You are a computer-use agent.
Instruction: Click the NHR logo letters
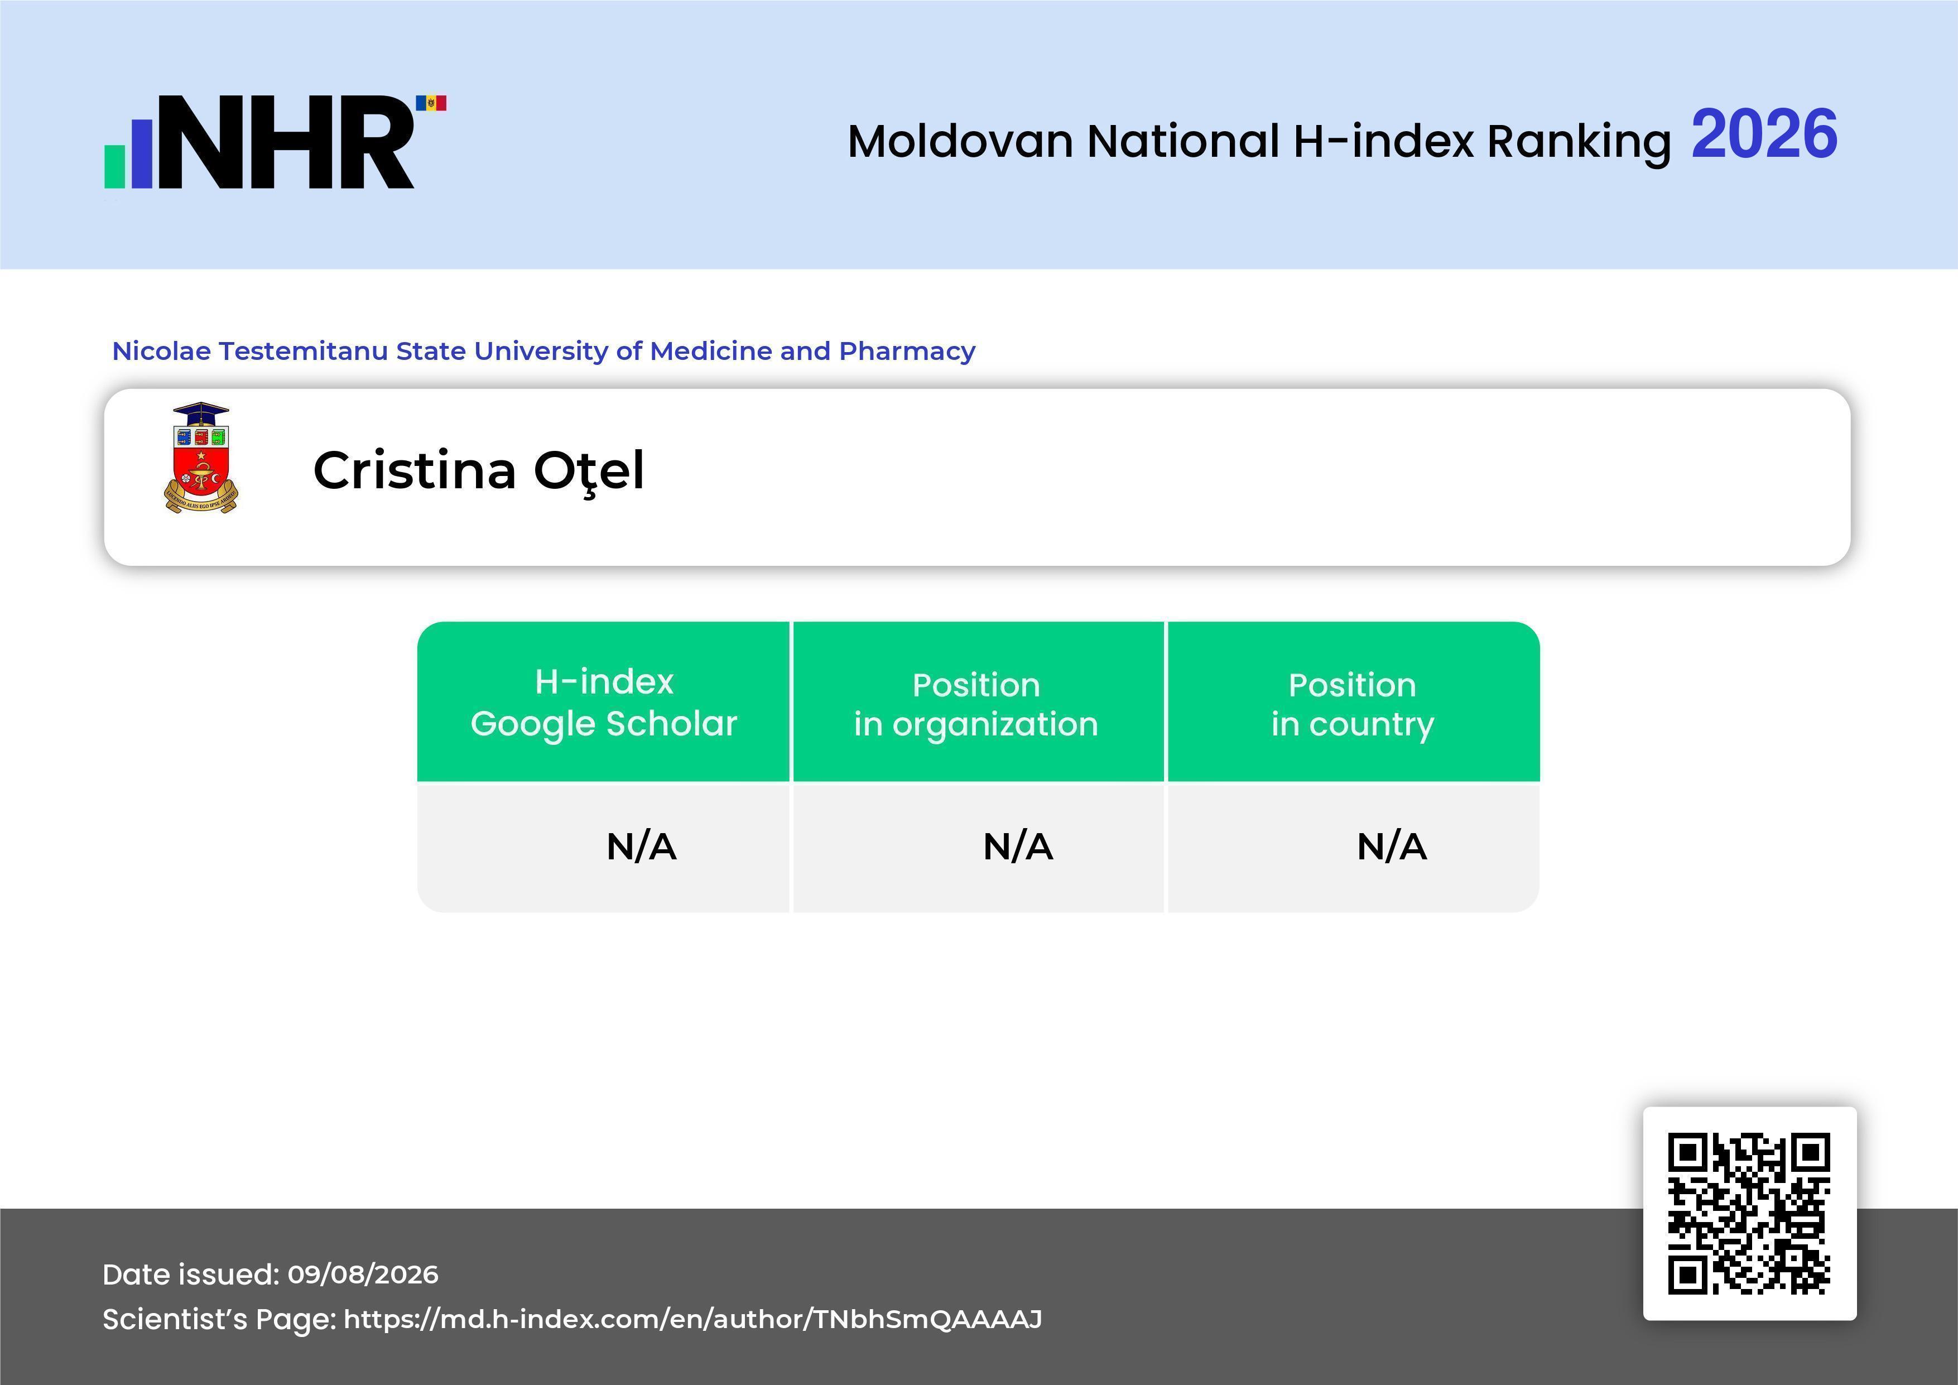click(286, 142)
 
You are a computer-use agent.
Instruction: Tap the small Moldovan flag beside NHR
click(431, 103)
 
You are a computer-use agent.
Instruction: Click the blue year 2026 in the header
click(1764, 134)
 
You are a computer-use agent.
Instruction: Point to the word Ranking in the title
click(1579, 142)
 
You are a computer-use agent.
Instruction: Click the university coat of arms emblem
click(201, 458)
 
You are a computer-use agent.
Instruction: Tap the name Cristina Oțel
click(478, 471)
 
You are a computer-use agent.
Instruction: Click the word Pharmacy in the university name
click(907, 352)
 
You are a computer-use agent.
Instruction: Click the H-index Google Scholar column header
click(604, 703)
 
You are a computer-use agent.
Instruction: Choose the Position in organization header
click(976, 704)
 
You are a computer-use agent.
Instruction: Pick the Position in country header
click(1353, 704)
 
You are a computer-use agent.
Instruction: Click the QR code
click(1749, 1213)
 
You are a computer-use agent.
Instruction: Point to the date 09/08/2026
click(363, 1274)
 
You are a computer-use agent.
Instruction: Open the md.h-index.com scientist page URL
click(692, 1319)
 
